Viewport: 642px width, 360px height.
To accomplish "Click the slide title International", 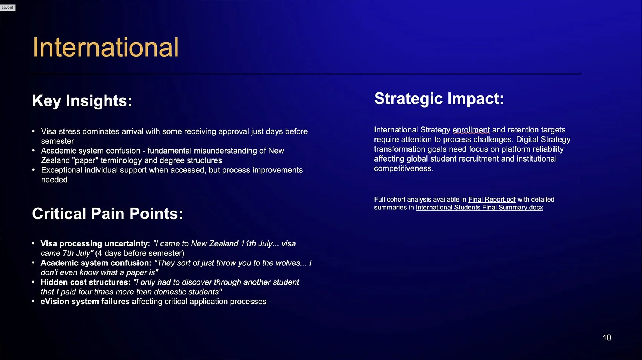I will (x=105, y=48).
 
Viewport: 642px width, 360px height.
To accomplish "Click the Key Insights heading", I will (x=82, y=101).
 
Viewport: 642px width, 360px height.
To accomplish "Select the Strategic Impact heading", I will (x=439, y=98).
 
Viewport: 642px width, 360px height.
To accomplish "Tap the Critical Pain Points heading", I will (x=107, y=214).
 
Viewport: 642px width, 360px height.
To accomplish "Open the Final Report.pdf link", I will (x=491, y=199).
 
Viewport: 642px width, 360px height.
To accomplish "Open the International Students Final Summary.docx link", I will (x=479, y=208).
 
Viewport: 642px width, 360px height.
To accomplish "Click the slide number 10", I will (x=607, y=338).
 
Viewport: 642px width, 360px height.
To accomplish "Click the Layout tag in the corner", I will (x=8, y=7).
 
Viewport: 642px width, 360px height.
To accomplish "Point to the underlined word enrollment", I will (x=471, y=130).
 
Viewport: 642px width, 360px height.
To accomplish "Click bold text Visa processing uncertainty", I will (x=95, y=243).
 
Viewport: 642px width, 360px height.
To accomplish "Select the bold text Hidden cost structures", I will (x=85, y=282).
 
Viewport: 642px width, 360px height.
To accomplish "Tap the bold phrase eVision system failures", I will (x=85, y=302).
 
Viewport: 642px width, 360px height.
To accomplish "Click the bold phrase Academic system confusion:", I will (x=96, y=263).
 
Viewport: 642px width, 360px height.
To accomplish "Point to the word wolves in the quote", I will (x=290, y=263).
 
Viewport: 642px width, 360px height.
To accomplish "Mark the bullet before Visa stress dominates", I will (x=34, y=131).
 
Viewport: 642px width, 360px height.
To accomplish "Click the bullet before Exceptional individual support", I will (x=34, y=170).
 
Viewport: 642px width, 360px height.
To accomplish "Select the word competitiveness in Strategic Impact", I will (x=403, y=169).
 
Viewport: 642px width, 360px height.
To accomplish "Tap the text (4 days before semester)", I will (x=140, y=253).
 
